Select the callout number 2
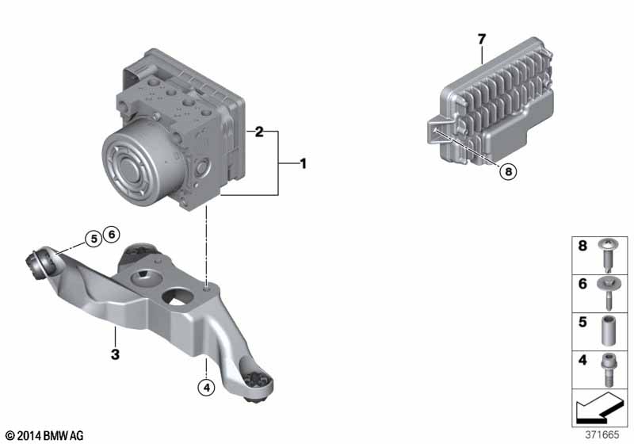pos(258,132)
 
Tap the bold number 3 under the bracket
pos(115,354)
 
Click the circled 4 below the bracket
pos(206,388)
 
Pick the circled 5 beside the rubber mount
pos(94,237)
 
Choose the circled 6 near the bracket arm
pos(111,234)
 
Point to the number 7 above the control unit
pos(480,38)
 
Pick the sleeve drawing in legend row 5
pos(608,331)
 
